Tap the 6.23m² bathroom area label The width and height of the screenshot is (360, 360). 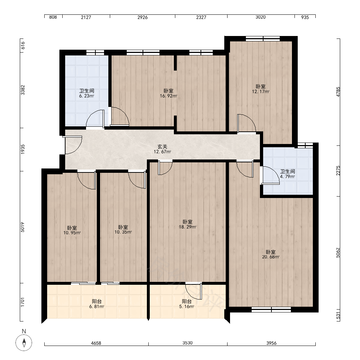86,94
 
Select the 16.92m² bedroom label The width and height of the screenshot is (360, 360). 168,94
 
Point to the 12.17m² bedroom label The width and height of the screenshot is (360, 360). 261,89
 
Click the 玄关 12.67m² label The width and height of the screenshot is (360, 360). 162,149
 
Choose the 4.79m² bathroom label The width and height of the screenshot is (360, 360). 287,174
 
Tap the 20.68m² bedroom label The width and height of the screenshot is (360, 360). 271,255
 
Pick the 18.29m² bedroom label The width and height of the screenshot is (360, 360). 188,224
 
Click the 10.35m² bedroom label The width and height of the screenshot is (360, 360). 123,230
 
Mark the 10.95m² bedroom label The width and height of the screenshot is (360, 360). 72,230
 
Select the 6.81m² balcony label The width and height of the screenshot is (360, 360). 96,304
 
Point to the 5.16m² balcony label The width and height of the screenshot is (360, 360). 186,304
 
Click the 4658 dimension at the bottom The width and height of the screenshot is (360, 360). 96,343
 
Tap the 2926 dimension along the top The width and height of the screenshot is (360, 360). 143,17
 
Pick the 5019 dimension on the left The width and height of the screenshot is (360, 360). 22,227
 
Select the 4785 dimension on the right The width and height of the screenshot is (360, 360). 338,92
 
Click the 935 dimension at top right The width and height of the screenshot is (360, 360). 305,17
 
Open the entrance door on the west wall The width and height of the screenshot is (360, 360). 72,145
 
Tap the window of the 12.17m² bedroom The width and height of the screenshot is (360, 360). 263,39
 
